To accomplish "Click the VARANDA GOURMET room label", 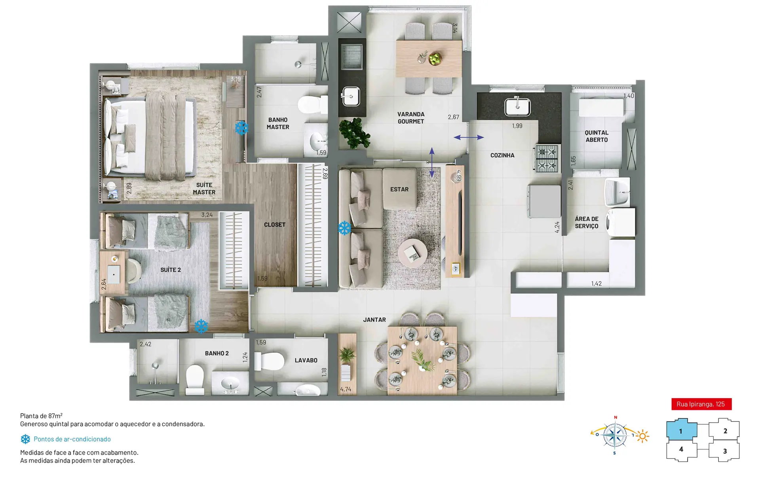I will [x=410, y=118].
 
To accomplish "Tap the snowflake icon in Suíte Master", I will [x=241, y=128].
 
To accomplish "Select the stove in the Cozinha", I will [x=547, y=159].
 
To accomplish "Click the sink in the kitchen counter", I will [x=517, y=106].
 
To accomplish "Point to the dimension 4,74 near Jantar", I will [x=346, y=389].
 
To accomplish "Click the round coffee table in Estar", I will [x=412, y=253].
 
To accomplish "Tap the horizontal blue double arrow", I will [x=469, y=138].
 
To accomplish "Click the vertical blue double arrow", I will [x=432, y=162].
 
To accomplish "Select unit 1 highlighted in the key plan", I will [x=681, y=431].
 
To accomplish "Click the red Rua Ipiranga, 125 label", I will [x=701, y=404].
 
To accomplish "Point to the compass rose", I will [x=615, y=436].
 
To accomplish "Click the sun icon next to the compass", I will [x=642, y=436].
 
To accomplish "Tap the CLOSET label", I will [x=275, y=225].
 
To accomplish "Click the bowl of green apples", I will [x=435, y=59].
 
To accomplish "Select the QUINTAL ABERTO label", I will [x=597, y=136].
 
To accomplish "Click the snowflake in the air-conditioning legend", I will [x=25, y=439].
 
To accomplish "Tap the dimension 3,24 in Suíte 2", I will [x=207, y=215].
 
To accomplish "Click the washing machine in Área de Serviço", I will [x=621, y=223].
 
